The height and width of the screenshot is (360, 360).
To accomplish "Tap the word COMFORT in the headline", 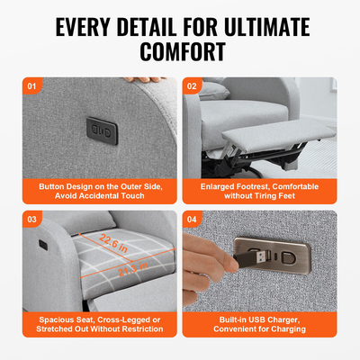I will click(x=180, y=50).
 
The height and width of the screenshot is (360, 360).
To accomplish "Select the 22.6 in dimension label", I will click(x=113, y=244).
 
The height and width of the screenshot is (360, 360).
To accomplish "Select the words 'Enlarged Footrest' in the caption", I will click(x=237, y=186).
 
